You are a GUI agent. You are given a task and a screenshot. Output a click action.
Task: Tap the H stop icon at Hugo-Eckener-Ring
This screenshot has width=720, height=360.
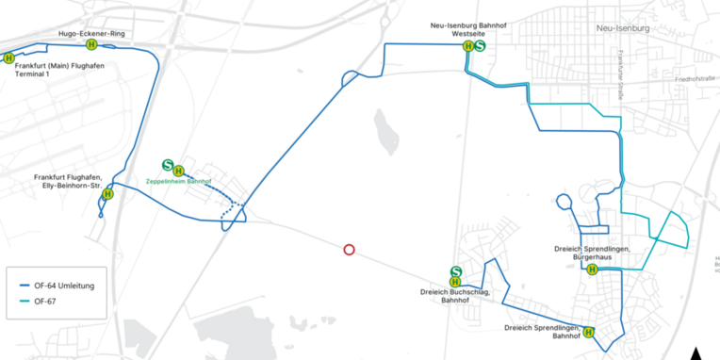91,44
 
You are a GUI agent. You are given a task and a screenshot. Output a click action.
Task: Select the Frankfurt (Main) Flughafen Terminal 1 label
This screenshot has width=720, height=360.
52,69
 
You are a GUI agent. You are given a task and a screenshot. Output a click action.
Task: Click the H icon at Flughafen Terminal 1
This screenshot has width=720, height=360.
8,57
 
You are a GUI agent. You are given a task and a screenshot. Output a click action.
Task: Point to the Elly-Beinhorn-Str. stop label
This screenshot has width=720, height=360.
67,181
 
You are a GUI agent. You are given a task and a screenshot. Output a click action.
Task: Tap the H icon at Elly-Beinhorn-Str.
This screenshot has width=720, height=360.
107,194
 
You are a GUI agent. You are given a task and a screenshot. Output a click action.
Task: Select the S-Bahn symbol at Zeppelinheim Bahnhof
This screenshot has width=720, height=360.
168,164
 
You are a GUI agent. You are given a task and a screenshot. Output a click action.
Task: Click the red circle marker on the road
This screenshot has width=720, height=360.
349,250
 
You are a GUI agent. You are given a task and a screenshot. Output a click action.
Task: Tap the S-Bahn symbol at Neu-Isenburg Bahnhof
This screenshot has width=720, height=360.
481,45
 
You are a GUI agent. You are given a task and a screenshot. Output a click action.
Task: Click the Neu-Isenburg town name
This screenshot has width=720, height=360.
625,29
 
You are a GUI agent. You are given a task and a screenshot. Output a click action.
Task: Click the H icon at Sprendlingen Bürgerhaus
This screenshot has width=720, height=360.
592,270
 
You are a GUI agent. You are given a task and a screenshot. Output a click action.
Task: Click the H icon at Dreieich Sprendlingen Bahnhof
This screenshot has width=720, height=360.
589,332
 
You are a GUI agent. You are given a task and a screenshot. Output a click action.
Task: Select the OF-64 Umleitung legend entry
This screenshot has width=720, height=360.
63,286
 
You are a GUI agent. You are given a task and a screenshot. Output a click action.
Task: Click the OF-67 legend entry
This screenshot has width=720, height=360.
45,301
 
